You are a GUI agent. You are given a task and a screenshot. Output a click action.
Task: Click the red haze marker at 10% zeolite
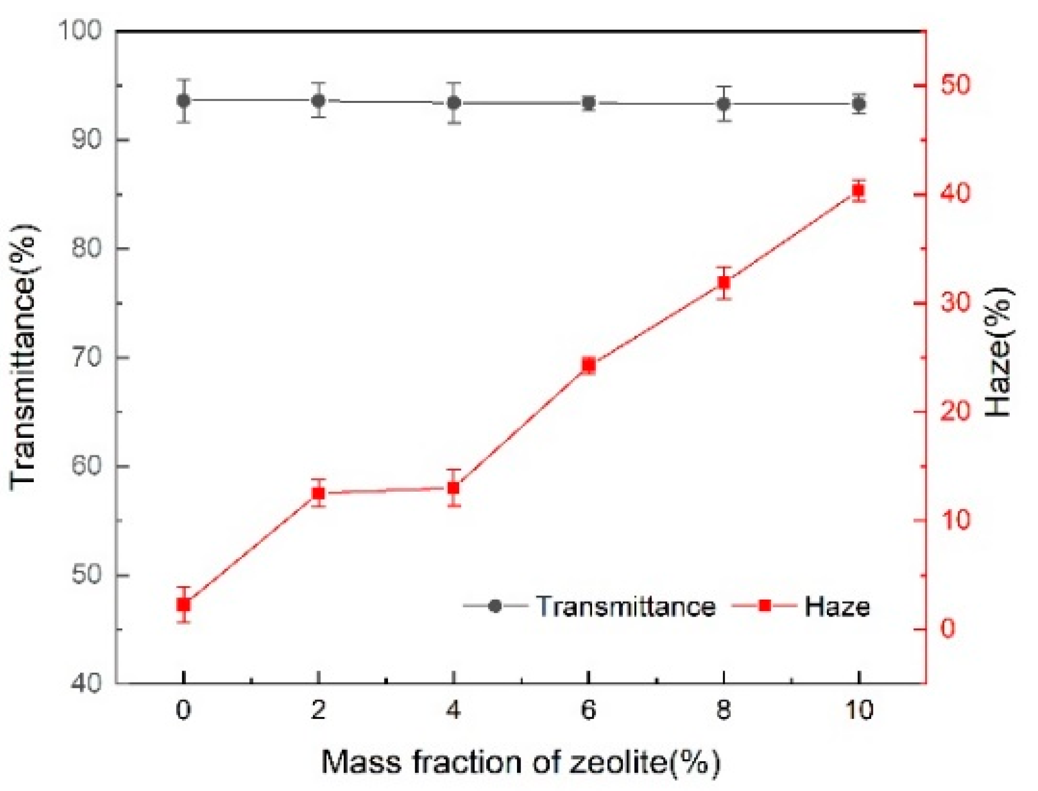858,190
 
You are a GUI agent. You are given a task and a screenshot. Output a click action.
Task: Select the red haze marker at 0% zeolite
184,604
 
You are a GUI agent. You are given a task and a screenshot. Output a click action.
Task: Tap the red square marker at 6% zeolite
589,365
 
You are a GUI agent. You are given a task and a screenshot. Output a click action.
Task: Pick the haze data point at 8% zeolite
724,282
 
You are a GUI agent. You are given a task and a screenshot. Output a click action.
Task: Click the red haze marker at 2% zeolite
318,493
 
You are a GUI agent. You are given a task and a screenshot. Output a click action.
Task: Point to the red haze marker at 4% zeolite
453,488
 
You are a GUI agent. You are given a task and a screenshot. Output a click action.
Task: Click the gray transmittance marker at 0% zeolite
184,100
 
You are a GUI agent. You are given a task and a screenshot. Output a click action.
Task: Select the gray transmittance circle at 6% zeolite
589,103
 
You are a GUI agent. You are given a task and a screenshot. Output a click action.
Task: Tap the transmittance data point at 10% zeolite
859,104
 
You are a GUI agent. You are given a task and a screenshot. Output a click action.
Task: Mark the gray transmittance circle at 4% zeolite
454,103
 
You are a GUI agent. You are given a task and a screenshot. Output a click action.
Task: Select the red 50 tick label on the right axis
955,85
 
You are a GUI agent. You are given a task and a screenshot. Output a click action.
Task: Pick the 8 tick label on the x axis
724,710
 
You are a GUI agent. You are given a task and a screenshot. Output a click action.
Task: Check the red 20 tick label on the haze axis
955,411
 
